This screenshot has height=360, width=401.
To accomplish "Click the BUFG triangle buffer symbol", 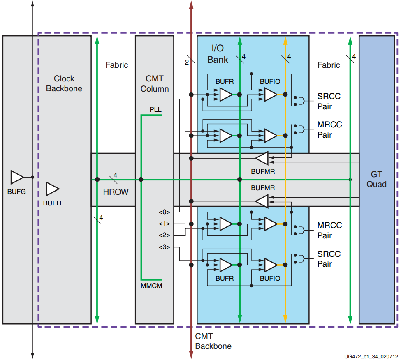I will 17,177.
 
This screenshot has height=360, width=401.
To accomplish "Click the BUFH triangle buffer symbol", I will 52,189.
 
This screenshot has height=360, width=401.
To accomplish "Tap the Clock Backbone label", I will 64,83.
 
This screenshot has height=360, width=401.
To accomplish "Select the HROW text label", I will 116,192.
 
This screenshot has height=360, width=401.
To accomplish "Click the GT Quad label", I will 377,179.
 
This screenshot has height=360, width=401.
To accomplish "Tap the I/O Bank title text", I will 218,54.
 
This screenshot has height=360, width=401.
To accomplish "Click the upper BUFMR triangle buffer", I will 262,157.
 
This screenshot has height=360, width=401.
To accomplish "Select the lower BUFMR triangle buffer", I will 262,201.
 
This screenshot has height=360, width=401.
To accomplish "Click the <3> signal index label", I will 164,247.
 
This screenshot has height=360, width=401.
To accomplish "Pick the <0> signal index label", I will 164,212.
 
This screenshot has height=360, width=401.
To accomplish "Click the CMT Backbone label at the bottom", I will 213,341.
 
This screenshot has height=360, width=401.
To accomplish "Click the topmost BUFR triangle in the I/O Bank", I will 226,95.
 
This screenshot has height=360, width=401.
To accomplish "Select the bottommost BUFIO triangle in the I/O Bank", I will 271,265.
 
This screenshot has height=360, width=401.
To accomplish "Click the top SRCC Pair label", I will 329,102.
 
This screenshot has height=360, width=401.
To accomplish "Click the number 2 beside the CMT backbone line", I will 187,62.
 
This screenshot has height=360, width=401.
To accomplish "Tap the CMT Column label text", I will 155,83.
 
